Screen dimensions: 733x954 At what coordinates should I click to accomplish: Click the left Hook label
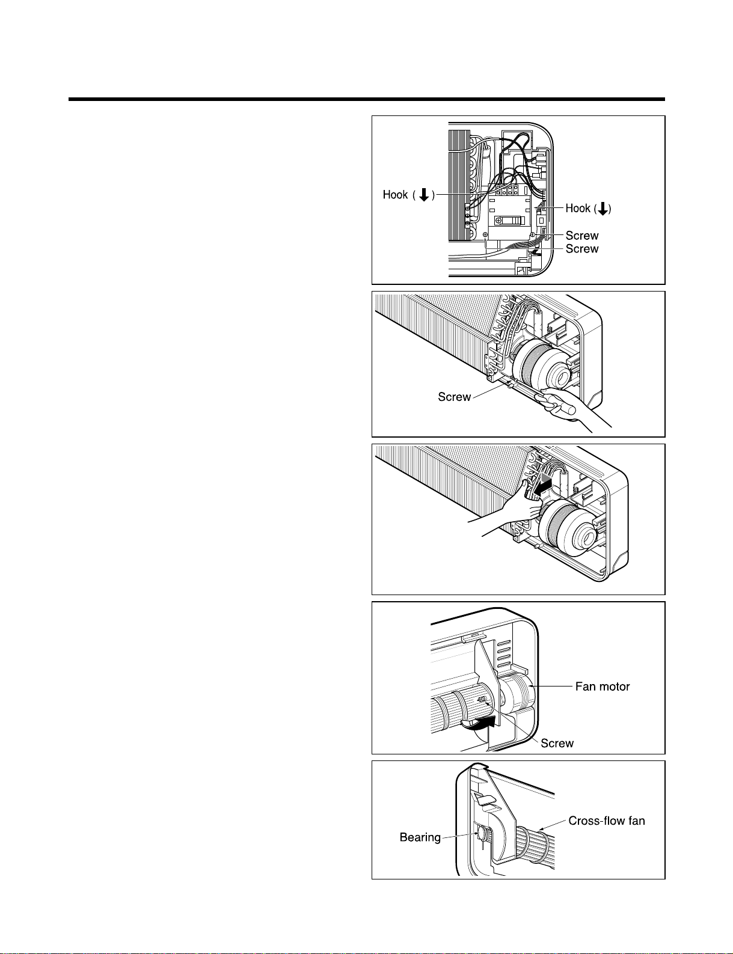395,195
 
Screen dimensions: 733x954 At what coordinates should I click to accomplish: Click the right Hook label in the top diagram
578,209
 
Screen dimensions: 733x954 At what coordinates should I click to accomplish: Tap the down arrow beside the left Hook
423,195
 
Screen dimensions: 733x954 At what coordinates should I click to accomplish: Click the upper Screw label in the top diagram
581,236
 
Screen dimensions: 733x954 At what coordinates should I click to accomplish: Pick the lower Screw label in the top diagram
581,249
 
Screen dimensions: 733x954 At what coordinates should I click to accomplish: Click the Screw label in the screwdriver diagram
454,397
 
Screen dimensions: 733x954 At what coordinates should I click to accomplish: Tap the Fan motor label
602,686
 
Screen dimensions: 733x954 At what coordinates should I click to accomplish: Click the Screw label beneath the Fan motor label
557,744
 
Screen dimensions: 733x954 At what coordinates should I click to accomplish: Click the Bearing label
420,837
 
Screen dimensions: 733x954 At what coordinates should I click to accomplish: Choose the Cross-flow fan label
606,821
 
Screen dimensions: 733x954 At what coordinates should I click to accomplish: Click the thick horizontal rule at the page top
366,99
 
